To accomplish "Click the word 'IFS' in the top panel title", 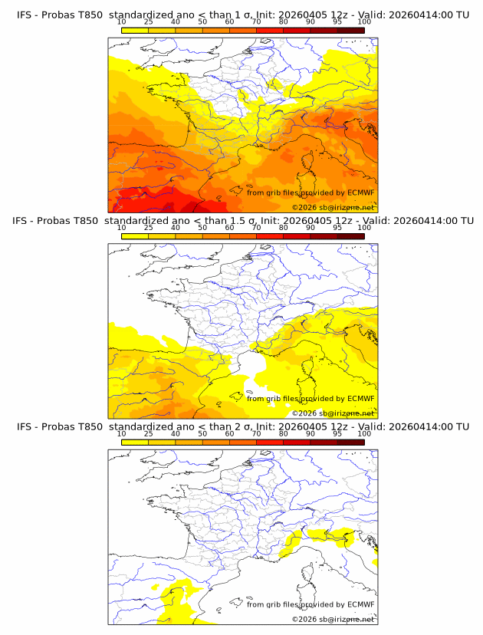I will tap(25, 15).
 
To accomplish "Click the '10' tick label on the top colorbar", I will tap(122, 21).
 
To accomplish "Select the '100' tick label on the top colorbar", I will tap(364, 21).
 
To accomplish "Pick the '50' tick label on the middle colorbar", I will tap(202, 227).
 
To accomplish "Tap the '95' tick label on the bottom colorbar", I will tap(337, 433).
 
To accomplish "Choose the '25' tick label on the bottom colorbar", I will tap(149, 433).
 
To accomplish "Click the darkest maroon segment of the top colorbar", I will tap(350, 30).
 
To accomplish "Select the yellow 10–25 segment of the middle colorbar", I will tap(135, 235).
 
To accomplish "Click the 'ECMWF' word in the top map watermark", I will tap(360, 192).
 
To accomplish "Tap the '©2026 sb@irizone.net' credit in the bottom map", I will tap(333, 619).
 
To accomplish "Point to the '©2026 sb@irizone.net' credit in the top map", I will tap(333, 208).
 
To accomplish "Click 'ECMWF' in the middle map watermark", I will tap(360, 398).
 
